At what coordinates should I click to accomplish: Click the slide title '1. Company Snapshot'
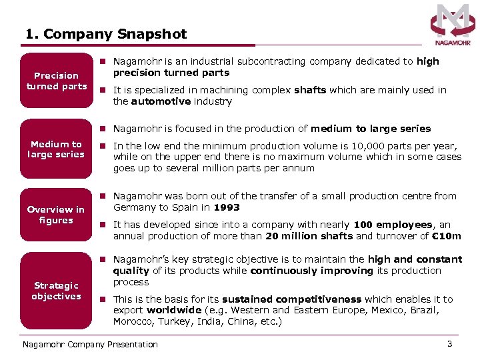tap(106, 34)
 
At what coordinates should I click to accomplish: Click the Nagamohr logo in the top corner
tap(453, 25)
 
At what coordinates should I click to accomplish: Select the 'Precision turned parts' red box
tap(57, 81)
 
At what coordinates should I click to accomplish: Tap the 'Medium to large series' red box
tap(57, 149)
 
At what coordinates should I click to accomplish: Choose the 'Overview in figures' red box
tap(57, 215)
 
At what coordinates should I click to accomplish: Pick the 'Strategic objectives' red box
tap(57, 291)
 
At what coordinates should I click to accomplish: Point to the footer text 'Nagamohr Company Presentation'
tap(90, 345)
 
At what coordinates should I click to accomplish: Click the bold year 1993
tap(227, 207)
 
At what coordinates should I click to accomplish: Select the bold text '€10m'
tap(447, 236)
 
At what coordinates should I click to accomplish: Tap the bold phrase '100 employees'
tap(393, 225)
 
